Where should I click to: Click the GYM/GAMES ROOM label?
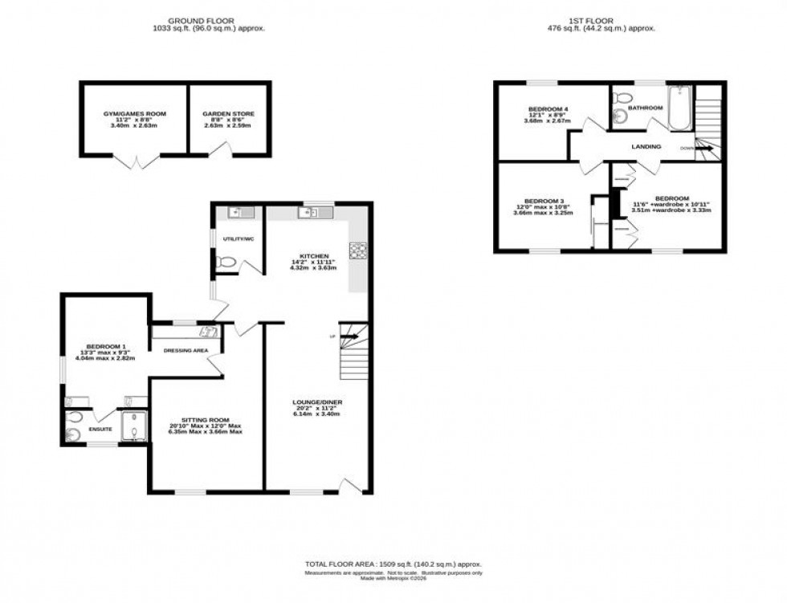pos(134,114)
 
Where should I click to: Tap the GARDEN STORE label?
pos(228,114)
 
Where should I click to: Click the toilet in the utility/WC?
pos(227,262)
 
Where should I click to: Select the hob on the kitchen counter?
pos(357,251)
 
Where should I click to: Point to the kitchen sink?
pos(308,213)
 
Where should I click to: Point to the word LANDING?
pos(646,147)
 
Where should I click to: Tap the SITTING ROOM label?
pos(206,419)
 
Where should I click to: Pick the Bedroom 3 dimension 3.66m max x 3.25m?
pos(544,213)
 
